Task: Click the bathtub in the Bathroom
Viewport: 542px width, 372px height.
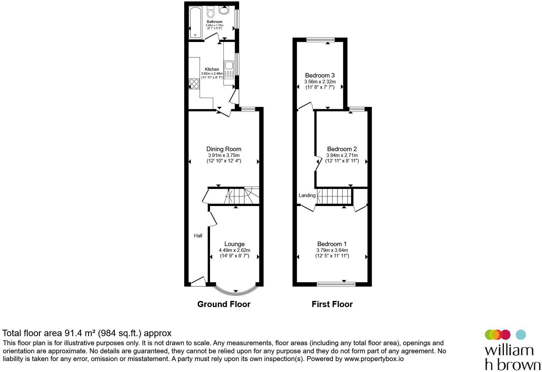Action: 195,23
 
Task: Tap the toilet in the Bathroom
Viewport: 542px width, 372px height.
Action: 211,13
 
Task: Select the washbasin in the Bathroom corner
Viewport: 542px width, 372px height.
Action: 224,10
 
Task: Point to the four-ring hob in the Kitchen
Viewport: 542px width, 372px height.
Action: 194,84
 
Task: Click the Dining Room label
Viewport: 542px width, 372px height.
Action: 224,149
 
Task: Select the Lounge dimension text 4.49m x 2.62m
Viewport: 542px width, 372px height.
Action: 235,250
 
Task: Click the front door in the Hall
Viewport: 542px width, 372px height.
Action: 198,282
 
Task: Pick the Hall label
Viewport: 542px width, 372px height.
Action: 198,236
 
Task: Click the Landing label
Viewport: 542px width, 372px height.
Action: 307,195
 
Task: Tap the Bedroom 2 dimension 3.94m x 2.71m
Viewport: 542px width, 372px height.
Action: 342,155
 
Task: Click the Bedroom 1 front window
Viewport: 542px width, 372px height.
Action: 336,284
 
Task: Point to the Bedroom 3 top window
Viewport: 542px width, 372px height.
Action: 320,40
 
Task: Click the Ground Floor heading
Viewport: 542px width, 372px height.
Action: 224,304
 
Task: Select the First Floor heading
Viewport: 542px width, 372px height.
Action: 332,304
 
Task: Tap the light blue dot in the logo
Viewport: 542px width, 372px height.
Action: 521,335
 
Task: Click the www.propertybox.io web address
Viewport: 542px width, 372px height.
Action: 374,359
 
